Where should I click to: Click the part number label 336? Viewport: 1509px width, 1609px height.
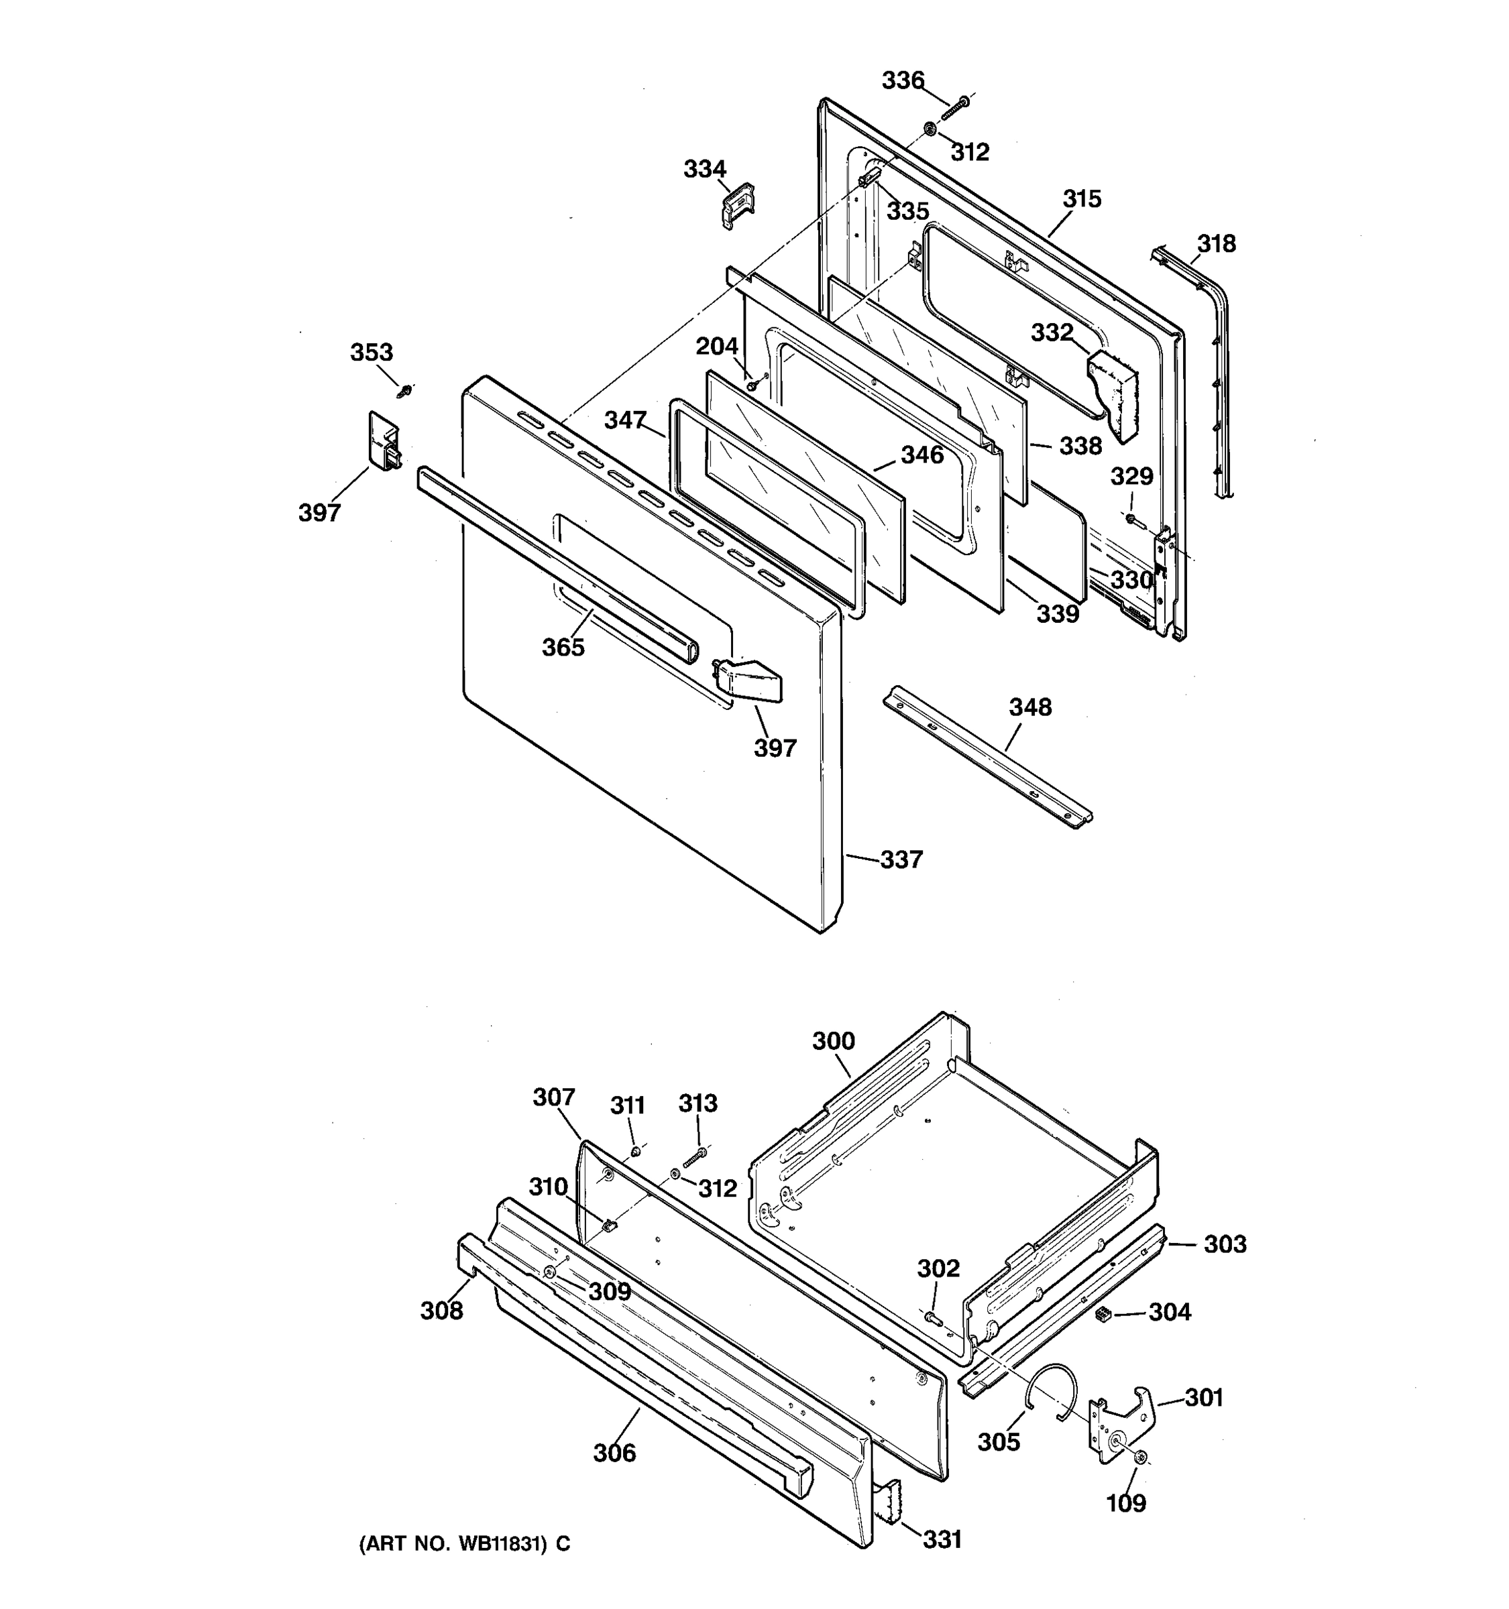902,80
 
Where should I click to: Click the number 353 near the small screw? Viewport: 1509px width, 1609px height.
372,352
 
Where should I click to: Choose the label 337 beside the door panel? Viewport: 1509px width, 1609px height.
901,859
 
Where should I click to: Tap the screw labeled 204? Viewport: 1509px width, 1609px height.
752,387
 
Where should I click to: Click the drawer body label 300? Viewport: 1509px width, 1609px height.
834,1041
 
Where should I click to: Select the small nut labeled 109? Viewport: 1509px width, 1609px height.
1141,1457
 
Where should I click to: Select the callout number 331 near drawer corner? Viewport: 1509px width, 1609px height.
942,1539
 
